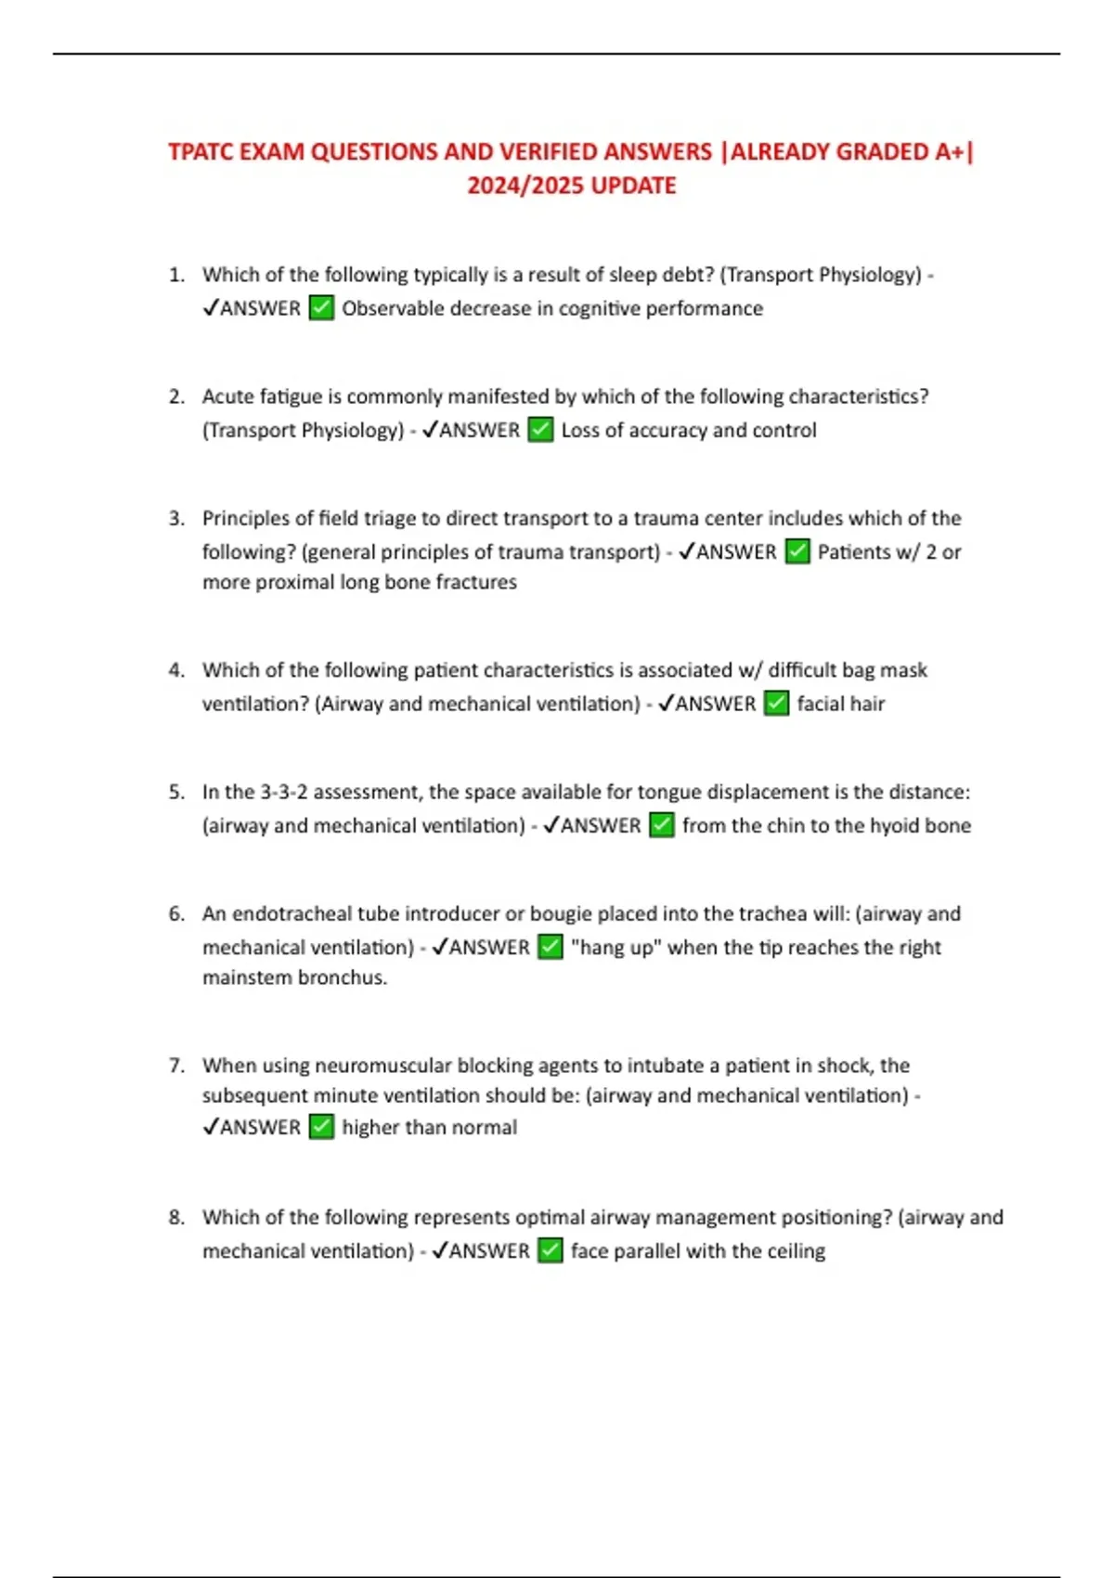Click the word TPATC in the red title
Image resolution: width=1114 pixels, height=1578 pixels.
(x=201, y=151)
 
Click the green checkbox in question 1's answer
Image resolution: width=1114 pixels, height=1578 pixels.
(x=321, y=307)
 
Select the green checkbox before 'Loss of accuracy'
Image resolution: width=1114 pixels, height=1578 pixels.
(x=540, y=430)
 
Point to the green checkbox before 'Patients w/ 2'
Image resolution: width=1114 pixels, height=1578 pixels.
(x=797, y=551)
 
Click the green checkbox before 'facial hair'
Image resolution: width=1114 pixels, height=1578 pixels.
(x=776, y=704)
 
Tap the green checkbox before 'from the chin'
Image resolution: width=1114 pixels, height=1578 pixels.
(x=662, y=825)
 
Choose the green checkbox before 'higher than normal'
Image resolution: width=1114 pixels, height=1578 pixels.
(x=321, y=1127)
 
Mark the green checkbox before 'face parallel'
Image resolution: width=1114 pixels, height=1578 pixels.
(x=551, y=1250)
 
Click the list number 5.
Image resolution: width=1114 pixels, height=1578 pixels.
(x=175, y=792)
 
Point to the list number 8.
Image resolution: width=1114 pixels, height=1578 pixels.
(x=175, y=1217)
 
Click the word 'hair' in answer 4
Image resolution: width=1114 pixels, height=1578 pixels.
(x=867, y=704)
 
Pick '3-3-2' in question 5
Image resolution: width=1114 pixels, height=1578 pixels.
(x=283, y=792)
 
